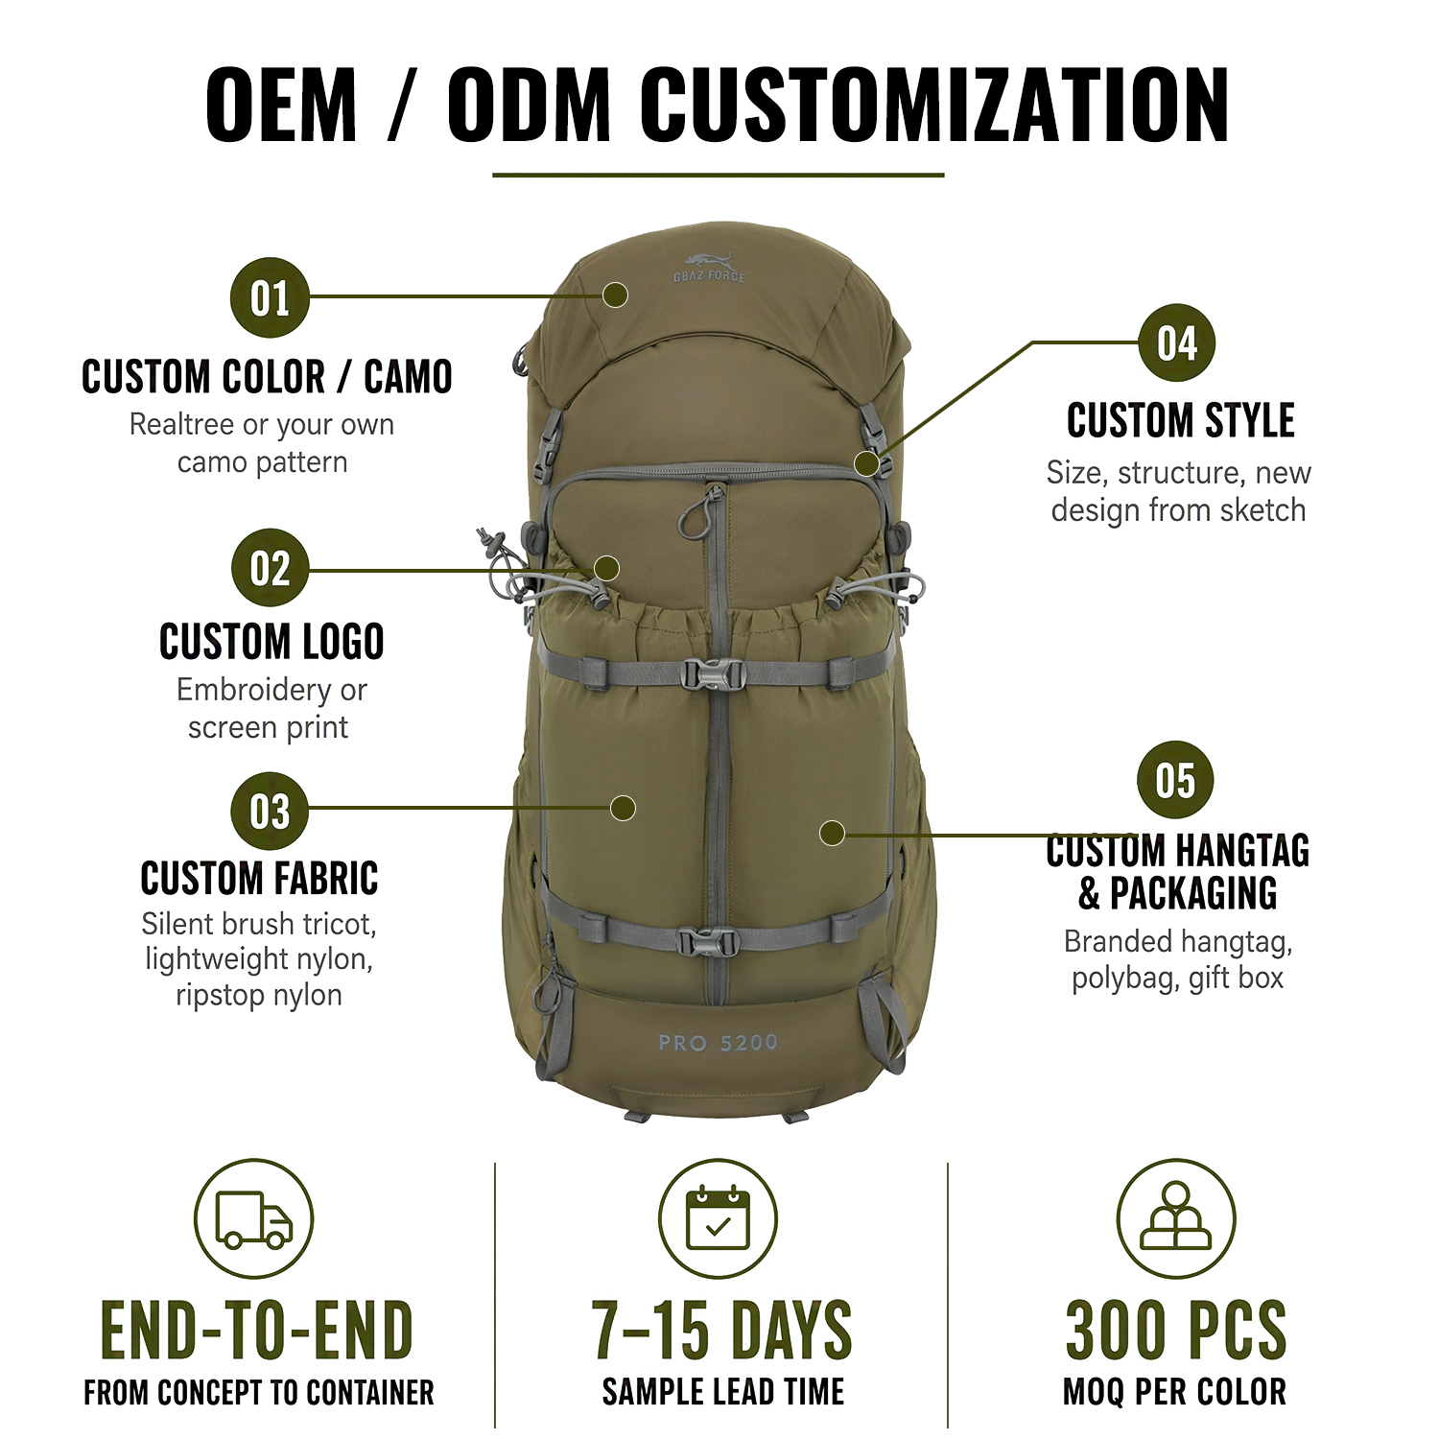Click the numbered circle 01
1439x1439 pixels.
(270, 297)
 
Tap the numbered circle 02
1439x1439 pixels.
(270, 568)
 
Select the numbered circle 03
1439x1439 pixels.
(270, 811)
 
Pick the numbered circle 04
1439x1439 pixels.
(1176, 342)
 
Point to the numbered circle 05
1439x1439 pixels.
(1175, 780)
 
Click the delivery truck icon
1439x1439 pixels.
(254, 1218)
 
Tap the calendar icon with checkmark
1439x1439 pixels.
(719, 1217)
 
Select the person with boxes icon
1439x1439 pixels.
(1176, 1215)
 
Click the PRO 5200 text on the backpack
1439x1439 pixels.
(718, 1043)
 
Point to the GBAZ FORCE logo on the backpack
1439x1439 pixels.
(709, 267)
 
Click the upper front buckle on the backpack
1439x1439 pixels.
(711, 674)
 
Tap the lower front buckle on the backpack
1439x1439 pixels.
(708, 941)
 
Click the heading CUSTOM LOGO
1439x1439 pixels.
(271, 642)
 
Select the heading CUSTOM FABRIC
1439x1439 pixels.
(259, 878)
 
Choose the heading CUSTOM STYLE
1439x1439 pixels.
(1181, 420)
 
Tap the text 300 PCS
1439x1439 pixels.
(1176, 1330)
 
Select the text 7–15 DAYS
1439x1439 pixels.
(721, 1330)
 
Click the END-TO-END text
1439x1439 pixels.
(257, 1330)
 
